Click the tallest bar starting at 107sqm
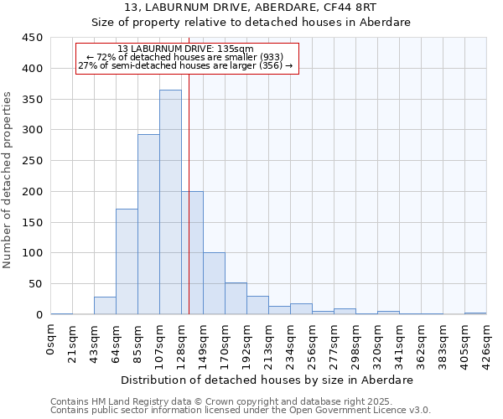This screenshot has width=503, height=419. pyautogui.click(x=170, y=202)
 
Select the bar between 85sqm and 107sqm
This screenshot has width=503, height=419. pyautogui.click(x=148, y=225)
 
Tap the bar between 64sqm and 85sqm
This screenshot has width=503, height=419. pyautogui.click(x=127, y=261)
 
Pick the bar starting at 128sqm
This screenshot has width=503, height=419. pyautogui.click(x=192, y=253)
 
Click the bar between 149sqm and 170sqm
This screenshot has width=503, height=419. pyautogui.click(x=214, y=283)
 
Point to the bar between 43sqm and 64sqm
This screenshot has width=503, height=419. pyautogui.click(x=105, y=306)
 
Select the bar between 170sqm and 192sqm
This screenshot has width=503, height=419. pyautogui.click(x=236, y=299)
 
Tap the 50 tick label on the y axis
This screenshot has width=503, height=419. pyautogui.click(x=34, y=284)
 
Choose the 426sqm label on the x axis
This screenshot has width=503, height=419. pyautogui.click(x=486, y=343)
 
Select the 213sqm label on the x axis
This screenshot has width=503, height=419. pyautogui.click(x=268, y=343)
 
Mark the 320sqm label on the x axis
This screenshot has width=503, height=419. pyautogui.click(x=377, y=343)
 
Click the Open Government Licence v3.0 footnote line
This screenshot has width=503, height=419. pyautogui.click(x=240, y=410)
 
